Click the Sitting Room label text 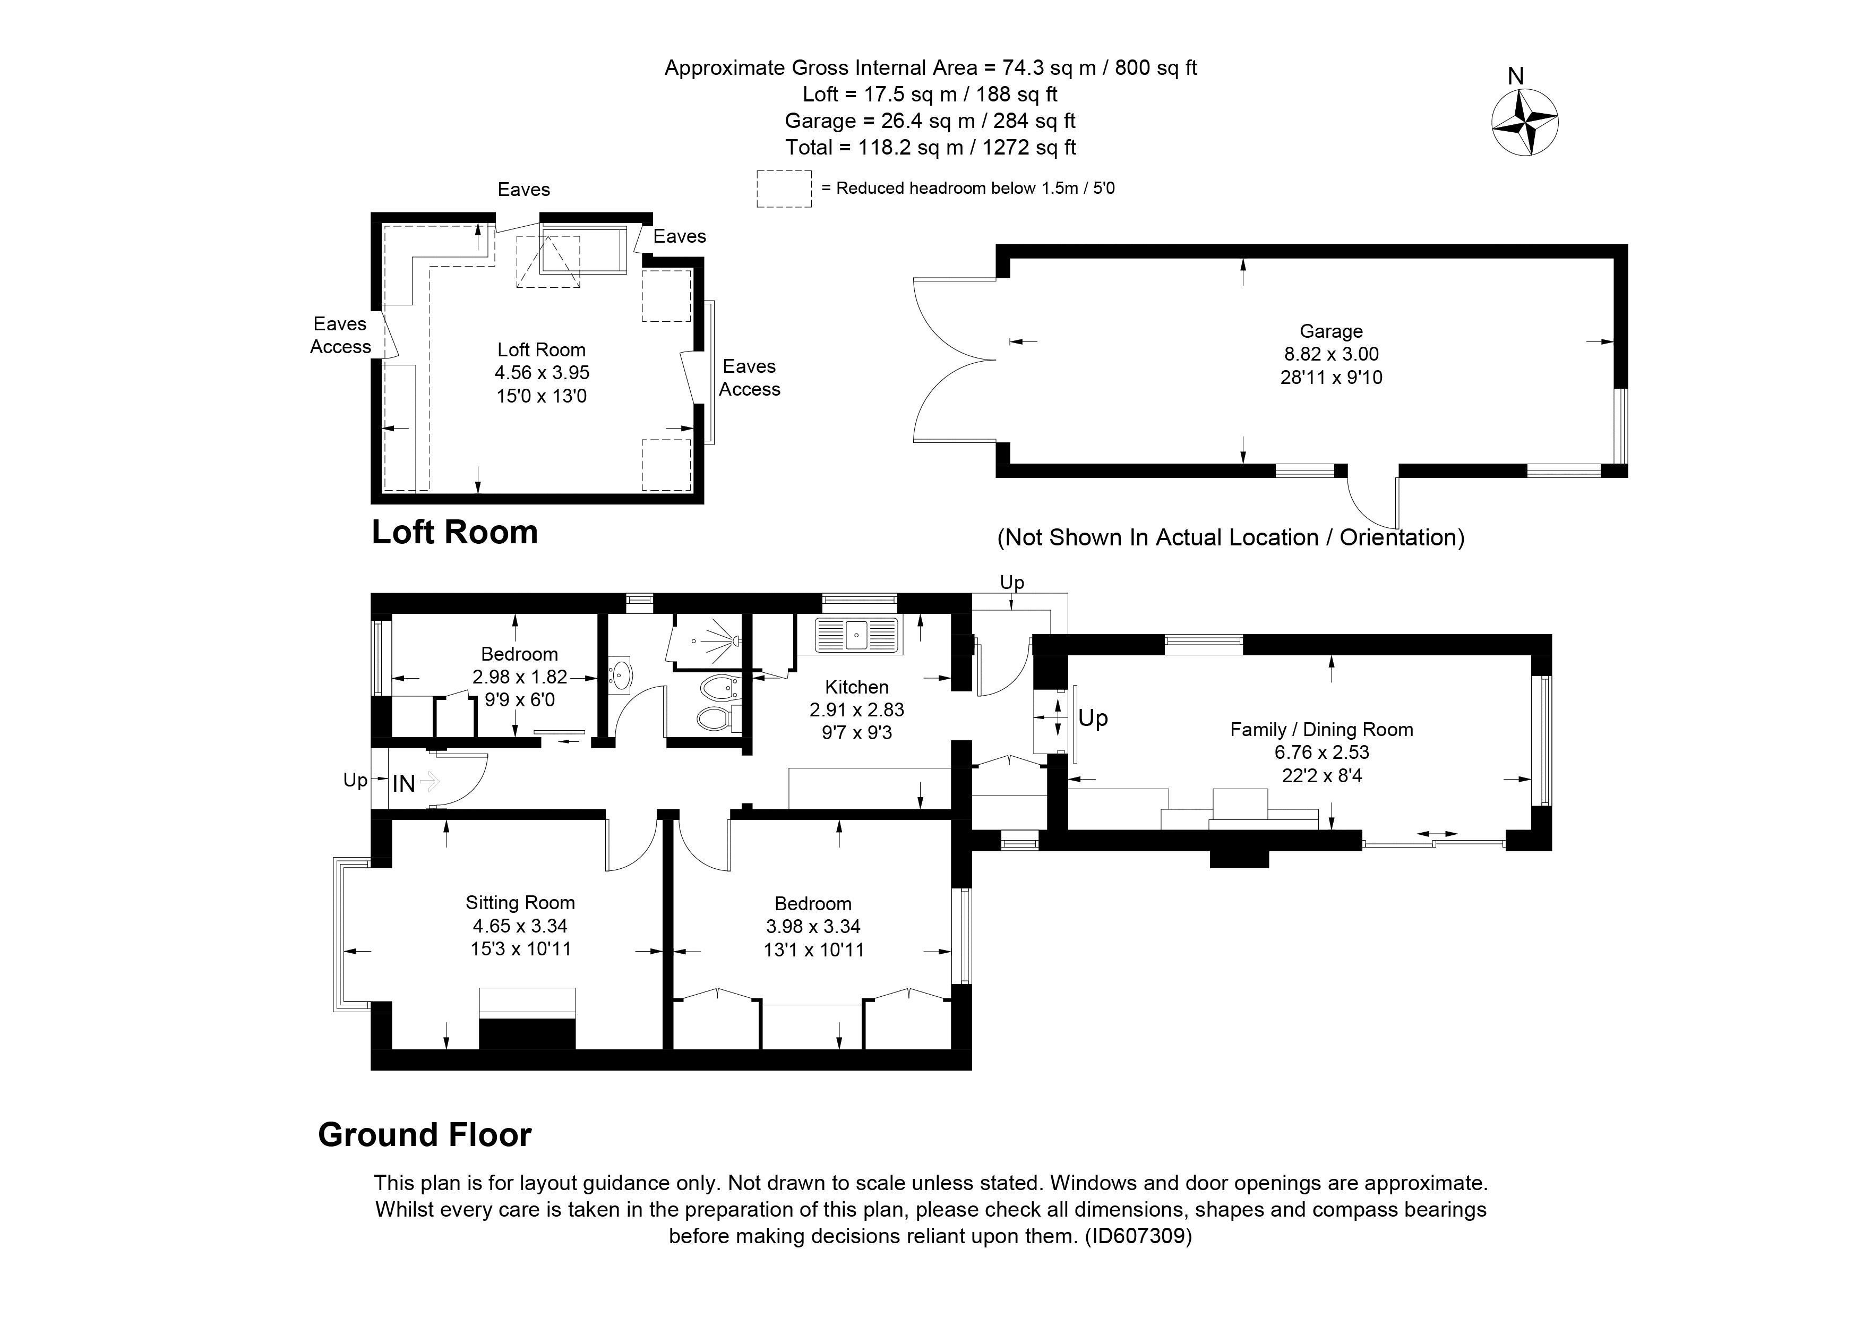[x=520, y=902]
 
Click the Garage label [x=1330, y=331]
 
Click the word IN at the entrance [x=404, y=783]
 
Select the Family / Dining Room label [x=1321, y=730]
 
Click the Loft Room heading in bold [x=454, y=532]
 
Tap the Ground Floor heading [x=424, y=1134]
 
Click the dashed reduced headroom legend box [x=784, y=189]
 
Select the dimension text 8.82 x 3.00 [x=1330, y=354]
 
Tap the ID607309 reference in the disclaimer [x=1138, y=1236]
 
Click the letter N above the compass [x=1515, y=76]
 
